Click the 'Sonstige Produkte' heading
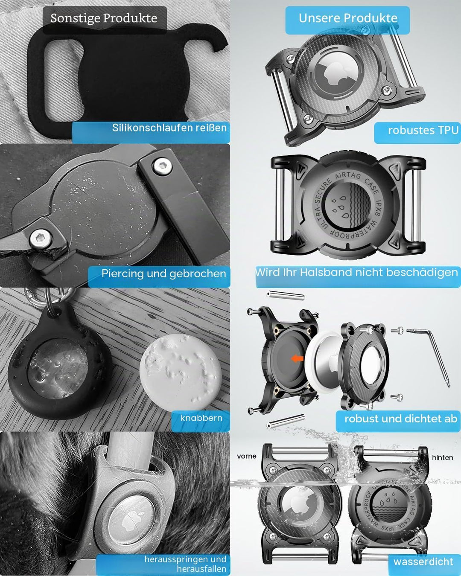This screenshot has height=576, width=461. pos(104,18)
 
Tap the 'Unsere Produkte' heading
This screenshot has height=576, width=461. pos(348,18)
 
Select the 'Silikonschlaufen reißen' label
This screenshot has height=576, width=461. pos(169,128)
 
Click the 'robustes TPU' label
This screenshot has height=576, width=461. pos(423,131)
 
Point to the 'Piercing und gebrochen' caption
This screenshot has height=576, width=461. pos(163,274)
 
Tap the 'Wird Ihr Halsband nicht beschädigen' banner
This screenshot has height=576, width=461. pos(356,272)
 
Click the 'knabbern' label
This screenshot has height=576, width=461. pos(201,418)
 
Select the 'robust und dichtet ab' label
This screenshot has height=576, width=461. pos(401,419)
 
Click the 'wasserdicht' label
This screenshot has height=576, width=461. pos(423,561)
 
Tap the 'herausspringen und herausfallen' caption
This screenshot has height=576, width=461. pos(185,564)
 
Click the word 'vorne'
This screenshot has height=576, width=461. pos(247,456)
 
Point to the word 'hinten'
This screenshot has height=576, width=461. pos(443,458)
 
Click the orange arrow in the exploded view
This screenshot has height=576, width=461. pos(297,358)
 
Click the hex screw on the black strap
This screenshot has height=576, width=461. pos(162,166)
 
